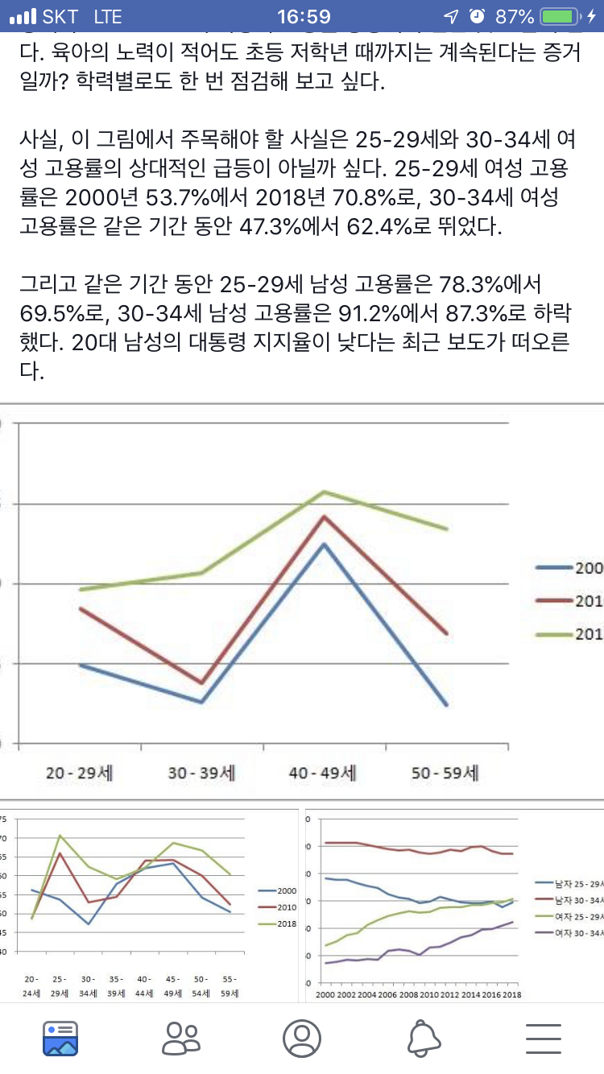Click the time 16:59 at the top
304,17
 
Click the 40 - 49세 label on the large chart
323,774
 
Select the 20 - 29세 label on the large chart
80,774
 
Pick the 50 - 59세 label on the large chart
445,774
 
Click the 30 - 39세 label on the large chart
201,774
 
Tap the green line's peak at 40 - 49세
323,491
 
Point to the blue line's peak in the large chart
323,544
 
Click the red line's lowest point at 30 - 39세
201,683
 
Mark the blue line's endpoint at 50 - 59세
445,705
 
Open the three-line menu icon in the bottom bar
544,1038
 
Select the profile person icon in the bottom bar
302,1038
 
